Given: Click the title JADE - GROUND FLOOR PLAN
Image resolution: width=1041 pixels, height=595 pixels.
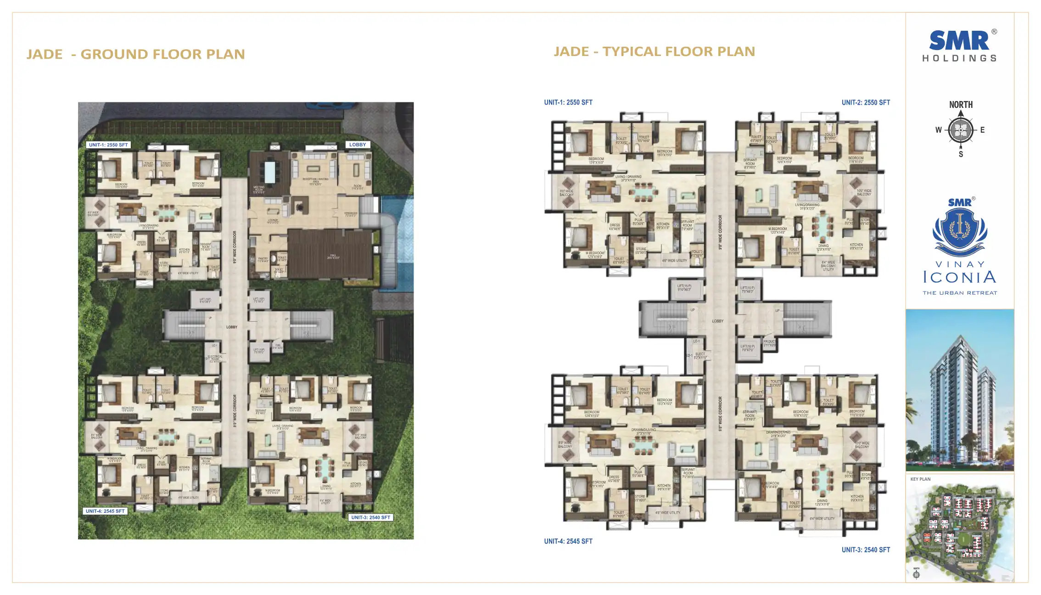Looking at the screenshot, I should coord(136,54).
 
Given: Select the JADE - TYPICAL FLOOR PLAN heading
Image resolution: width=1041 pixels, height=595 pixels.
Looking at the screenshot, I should coord(654,51).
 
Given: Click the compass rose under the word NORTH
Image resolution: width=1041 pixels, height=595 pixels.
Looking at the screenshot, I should coord(961,130).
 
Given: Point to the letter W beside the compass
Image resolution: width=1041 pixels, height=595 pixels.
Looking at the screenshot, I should coord(939,130).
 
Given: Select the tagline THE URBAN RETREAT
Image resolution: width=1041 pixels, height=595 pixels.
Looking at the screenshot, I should coord(960,293).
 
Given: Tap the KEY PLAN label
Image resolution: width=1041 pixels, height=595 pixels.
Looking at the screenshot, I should coord(920,479).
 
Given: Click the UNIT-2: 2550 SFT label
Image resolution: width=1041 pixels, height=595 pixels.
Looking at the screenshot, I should coord(866,103).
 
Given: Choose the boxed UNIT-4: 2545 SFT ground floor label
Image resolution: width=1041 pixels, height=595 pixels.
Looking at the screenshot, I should coord(105,511).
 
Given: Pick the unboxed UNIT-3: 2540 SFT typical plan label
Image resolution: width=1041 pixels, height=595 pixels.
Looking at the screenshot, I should coord(866,550).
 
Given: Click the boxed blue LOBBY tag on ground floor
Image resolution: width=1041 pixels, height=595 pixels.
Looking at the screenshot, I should coord(358,145).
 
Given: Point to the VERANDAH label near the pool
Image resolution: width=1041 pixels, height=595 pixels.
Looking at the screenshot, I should coord(351,214).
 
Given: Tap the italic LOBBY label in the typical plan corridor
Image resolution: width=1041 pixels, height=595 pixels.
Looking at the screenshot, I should coord(717,321).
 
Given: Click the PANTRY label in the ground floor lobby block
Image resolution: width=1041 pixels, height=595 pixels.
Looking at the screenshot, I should coord(263,260).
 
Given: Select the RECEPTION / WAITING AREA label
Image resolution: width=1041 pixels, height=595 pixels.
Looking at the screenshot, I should coord(316,181).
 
